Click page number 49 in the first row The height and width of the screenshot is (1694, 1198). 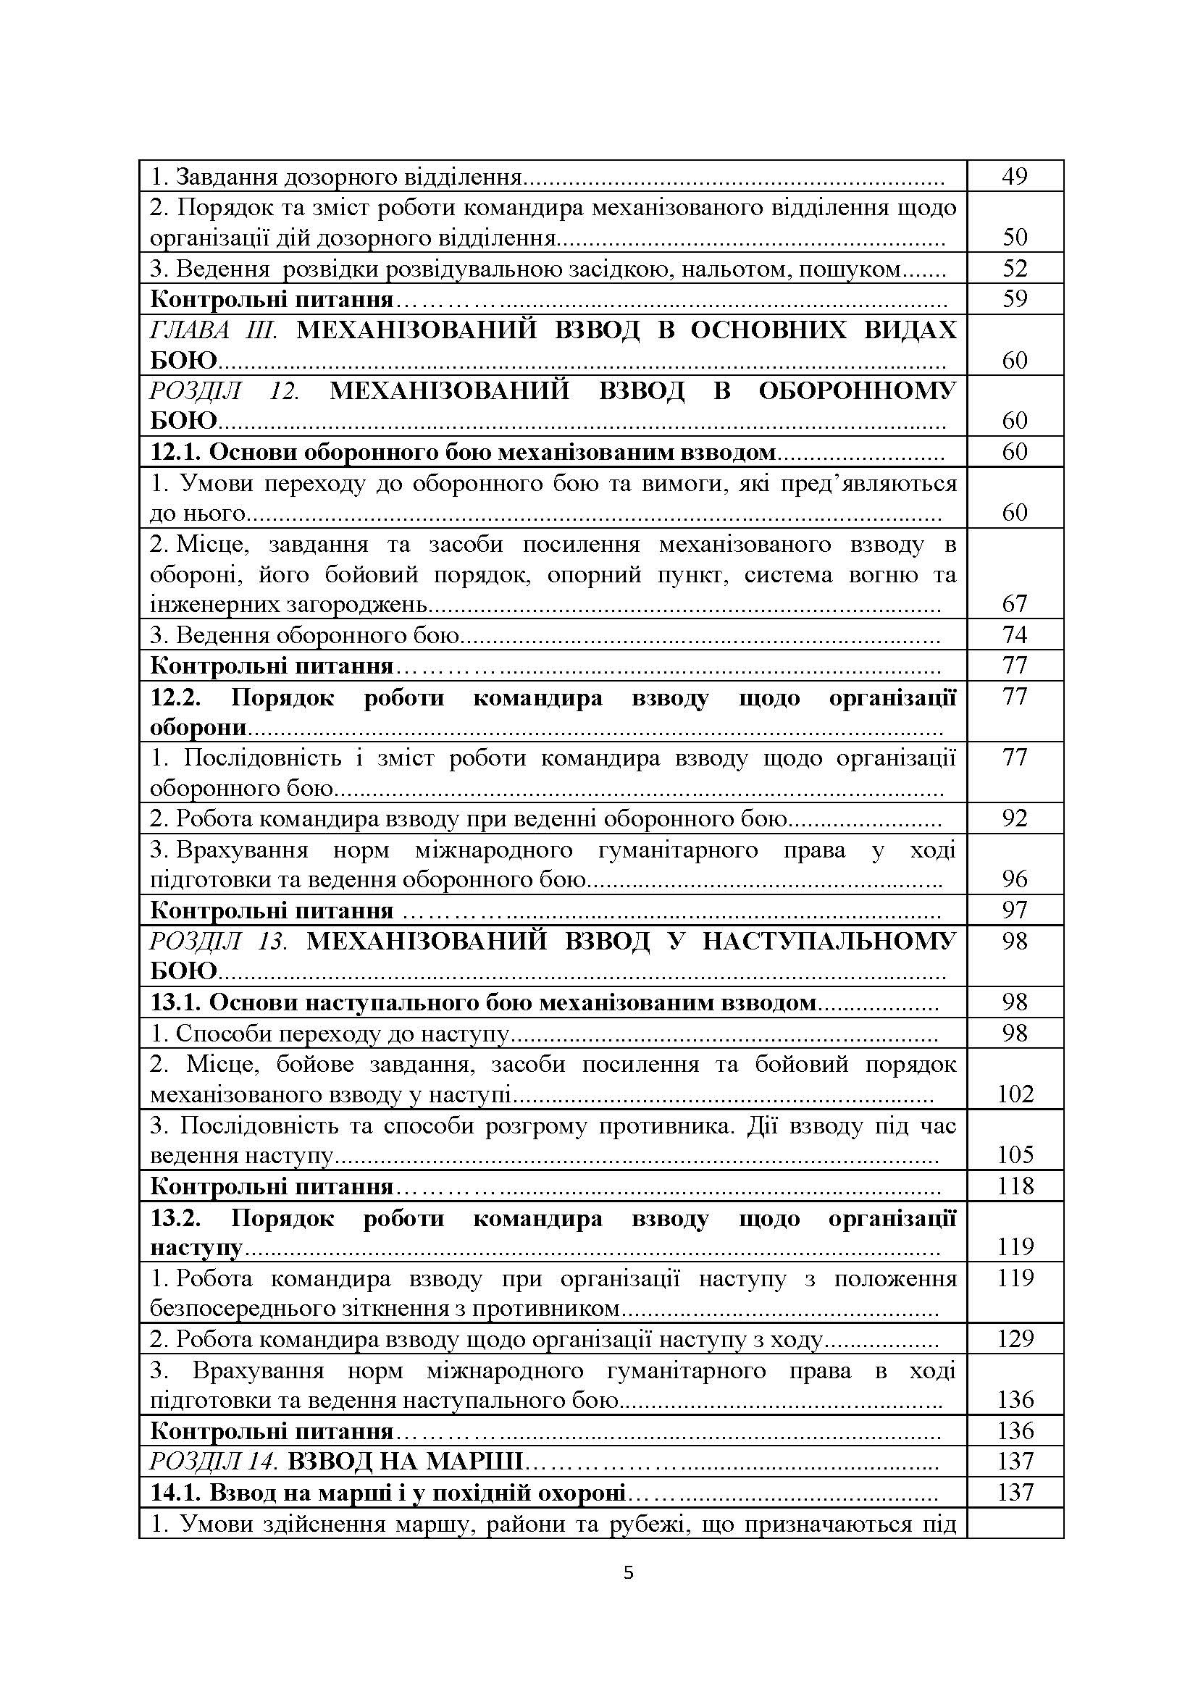(1014, 176)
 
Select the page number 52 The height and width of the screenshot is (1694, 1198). (1014, 269)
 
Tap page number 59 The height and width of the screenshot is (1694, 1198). (1014, 300)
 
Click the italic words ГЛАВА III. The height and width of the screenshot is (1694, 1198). (213, 330)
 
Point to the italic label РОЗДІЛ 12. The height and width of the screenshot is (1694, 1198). (225, 391)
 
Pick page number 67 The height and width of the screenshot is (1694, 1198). (1014, 604)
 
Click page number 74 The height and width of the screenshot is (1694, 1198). (1014, 635)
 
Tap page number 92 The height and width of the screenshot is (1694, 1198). (1014, 818)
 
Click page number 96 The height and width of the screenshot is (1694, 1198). (1014, 879)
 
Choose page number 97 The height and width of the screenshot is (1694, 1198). (1014, 910)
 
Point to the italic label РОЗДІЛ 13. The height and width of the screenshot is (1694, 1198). (218, 942)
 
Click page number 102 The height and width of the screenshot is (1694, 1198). (1014, 1094)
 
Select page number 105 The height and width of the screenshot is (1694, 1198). (1014, 1154)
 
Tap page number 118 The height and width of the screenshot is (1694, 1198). (1014, 1186)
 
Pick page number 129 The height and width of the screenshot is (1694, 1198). (1014, 1339)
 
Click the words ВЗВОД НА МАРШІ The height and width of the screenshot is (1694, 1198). (405, 1462)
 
